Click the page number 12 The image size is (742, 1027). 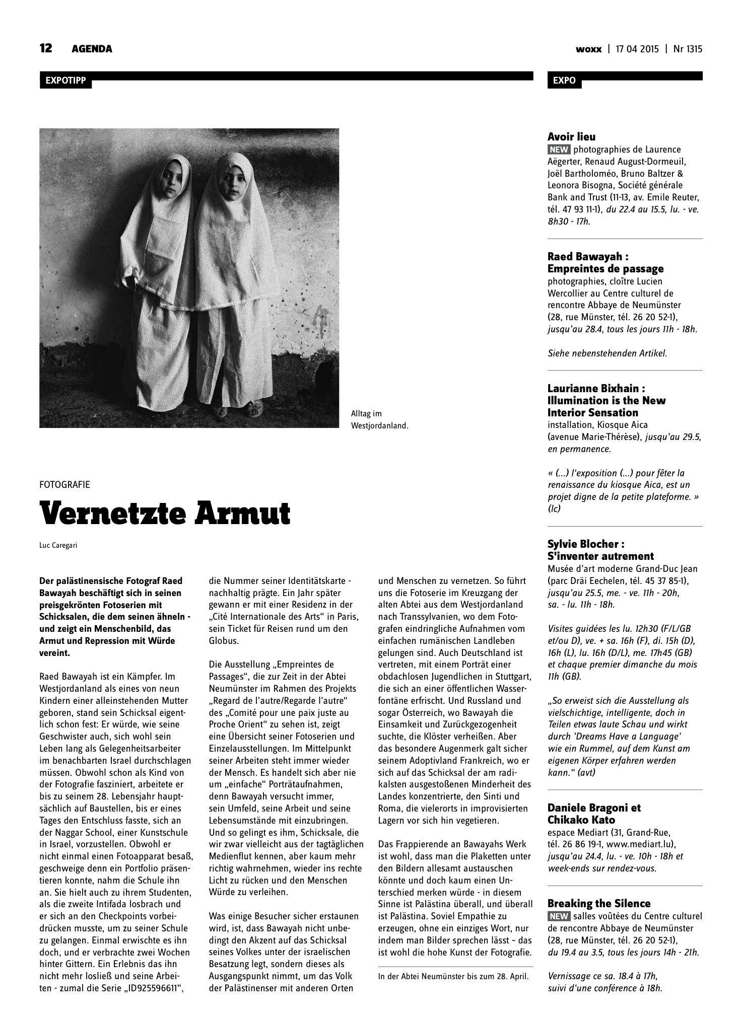(x=46, y=49)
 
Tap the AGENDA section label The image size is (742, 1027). (x=92, y=49)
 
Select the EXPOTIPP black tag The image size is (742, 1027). (x=65, y=81)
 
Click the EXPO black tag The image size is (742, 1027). (x=564, y=81)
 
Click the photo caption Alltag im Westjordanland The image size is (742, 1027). (x=379, y=420)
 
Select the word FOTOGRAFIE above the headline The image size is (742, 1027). (x=64, y=484)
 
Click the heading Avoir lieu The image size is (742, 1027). (x=571, y=136)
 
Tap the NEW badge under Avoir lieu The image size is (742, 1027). (x=559, y=150)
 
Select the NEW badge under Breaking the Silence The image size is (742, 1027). (x=559, y=916)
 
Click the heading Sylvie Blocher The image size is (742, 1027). (x=586, y=544)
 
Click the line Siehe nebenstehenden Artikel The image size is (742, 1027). (x=607, y=353)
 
